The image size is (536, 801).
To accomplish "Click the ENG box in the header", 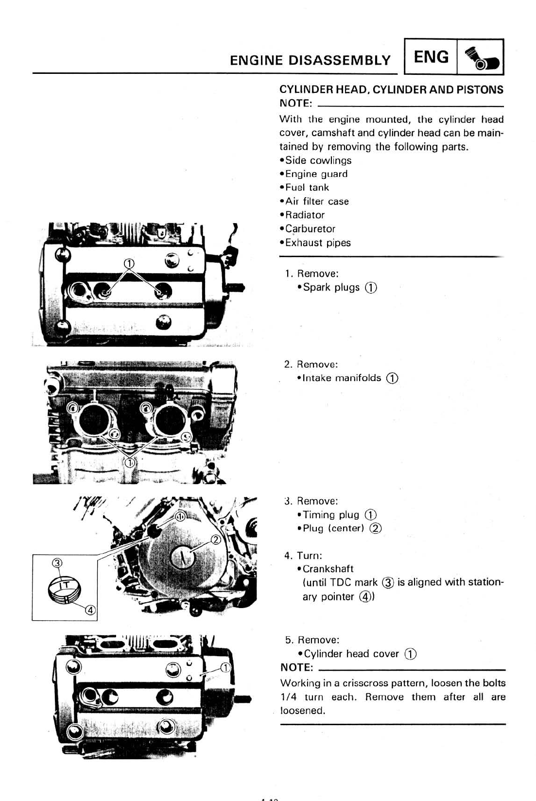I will click(431, 57).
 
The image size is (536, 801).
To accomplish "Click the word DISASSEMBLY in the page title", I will click(339, 60).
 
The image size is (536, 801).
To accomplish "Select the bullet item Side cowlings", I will click(318, 160).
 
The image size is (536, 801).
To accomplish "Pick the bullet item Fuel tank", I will click(307, 188).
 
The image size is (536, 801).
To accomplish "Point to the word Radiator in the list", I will click(305, 215).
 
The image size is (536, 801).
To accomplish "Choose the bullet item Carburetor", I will click(310, 228).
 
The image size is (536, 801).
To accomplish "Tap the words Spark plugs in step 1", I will click(331, 287).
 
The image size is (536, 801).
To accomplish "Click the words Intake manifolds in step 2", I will click(342, 378).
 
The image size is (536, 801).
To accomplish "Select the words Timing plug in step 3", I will click(330, 515).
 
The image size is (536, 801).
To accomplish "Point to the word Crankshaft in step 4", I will click(328, 569).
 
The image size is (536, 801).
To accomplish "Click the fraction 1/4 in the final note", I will click(288, 697).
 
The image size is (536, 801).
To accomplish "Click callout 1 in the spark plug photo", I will click(129, 263).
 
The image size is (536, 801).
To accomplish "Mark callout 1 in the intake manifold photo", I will click(129, 462).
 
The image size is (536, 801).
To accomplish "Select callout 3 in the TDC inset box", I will click(57, 563).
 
